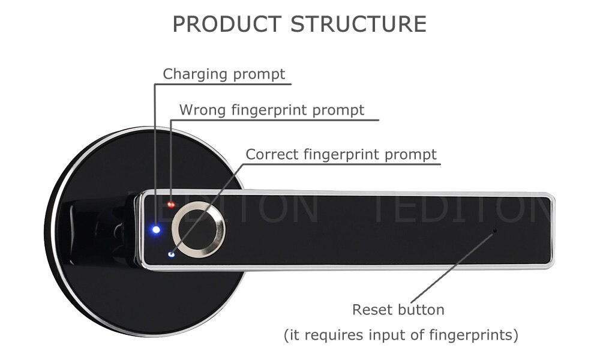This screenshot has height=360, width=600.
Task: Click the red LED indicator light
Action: (171, 205)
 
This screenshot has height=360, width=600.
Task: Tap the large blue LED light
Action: (156, 230)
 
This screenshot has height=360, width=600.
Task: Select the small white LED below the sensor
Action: (171, 254)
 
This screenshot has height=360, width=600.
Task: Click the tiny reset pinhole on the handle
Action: (494, 230)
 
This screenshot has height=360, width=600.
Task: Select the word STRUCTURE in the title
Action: (358, 24)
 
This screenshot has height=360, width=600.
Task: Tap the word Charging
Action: (195, 74)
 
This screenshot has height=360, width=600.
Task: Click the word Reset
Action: (373, 310)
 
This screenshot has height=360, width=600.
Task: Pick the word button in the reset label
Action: (421, 310)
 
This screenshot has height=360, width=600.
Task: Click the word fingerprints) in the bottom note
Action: (473, 335)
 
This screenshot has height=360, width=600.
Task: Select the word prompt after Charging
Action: (259, 74)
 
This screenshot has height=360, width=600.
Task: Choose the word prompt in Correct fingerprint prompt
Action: (410, 155)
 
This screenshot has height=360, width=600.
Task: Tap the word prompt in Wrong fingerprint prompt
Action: (338, 111)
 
